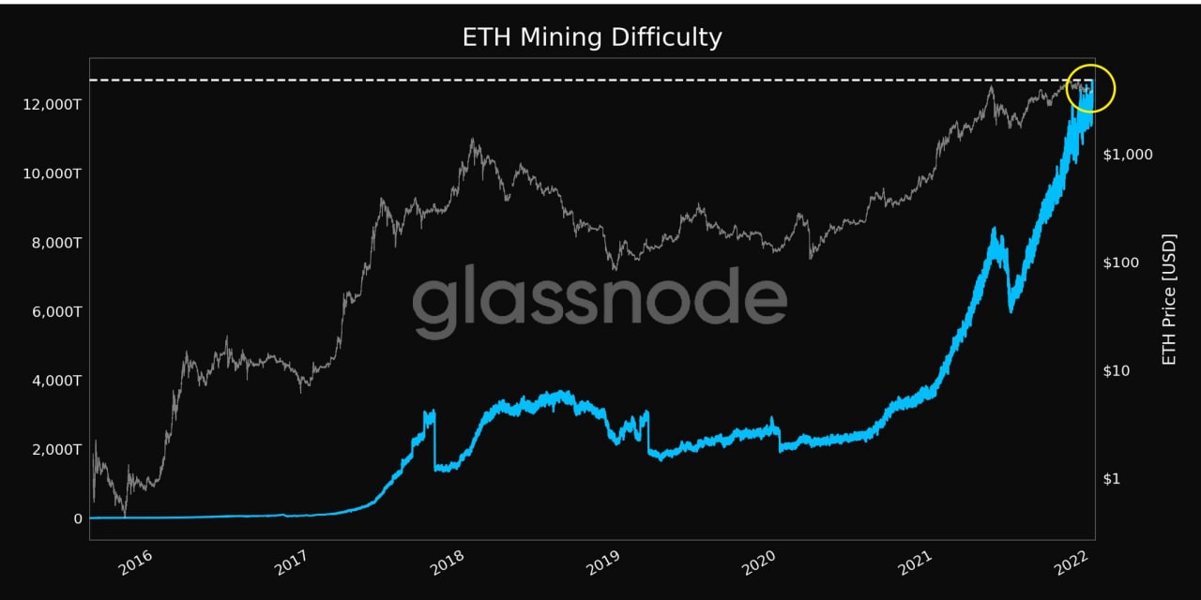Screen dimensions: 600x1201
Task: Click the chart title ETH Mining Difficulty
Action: (x=592, y=37)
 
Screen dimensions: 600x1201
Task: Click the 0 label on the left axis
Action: (x=78, y=518)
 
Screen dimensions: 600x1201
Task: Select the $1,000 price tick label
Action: (x=1128, y=154)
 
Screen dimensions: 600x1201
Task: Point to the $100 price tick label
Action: (x=1123, y=262)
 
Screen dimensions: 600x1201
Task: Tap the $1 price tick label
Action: (x=1112, y=479)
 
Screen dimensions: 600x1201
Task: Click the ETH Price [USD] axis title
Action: (x=1169, y=300)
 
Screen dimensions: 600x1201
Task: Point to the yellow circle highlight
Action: (x=1090, y=89)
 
